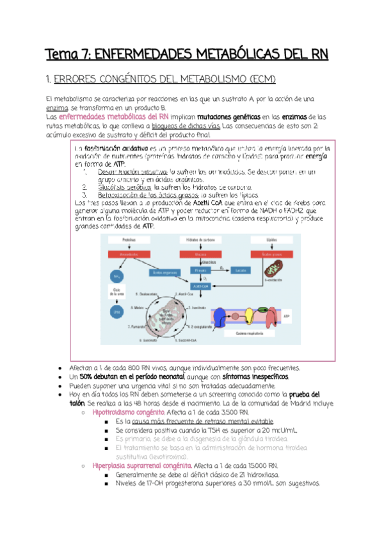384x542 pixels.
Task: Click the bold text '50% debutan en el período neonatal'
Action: tap(122, 378)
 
